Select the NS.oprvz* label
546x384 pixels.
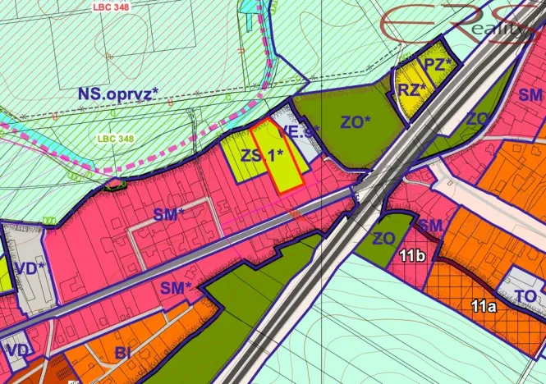pyautogui.click(x=117, y=93)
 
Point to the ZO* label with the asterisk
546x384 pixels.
pyautogui.click(x=356, y=123)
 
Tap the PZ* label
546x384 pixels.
pyautogui.click(x=436, y=63)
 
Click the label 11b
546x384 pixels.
pyautogui.click(x=411, y=256)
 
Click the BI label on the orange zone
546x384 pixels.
pyautogui.click(x=123, y=353)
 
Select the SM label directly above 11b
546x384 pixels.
pyautogui.click(x=430, y=225)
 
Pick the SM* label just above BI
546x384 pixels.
pyautogui.click(x=175, y=287)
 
